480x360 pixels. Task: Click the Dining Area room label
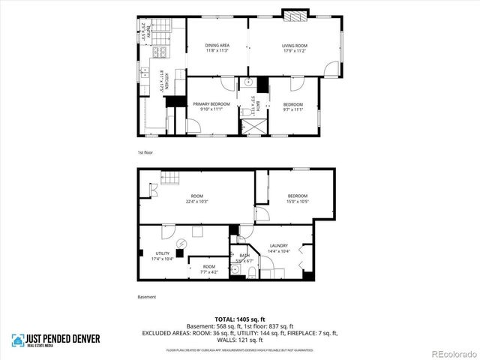(217, 48)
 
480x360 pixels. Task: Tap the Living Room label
(295, 48)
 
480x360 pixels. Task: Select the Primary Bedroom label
(211, 106)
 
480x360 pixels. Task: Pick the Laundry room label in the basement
(278, 247)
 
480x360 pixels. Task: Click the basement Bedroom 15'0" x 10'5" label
(298, 199)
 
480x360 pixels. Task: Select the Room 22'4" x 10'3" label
(196, 199)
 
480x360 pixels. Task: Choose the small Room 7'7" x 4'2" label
(208, 269)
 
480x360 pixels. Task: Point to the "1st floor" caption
(145, 152)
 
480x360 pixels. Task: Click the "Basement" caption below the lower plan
(147, 297)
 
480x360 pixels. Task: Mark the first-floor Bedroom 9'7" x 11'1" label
(292, 106)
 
